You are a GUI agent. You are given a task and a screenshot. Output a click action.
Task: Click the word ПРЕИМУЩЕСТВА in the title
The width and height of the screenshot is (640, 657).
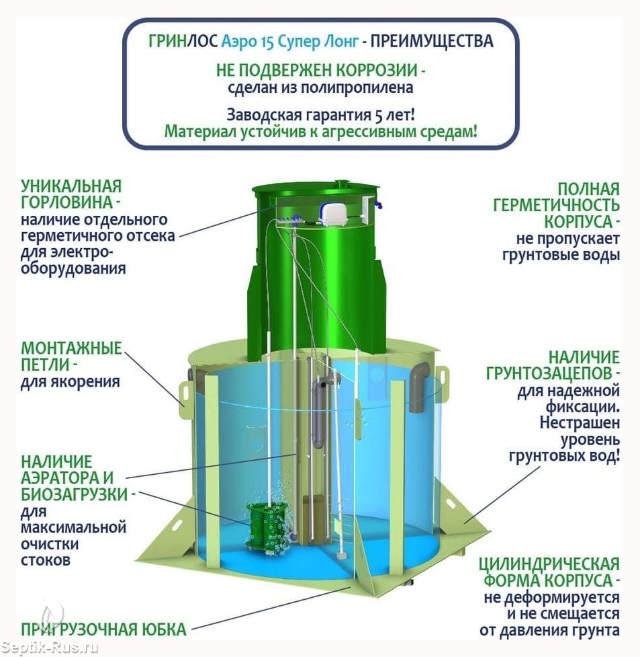[432, 41]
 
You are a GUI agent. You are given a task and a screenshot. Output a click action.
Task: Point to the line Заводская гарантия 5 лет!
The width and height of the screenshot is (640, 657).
[321, 114]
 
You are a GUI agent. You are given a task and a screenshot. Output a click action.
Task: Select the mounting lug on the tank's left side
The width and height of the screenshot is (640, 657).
[185, 394]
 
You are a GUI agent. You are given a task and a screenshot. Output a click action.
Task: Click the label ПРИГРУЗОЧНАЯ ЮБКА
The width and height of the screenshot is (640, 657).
[103, 629]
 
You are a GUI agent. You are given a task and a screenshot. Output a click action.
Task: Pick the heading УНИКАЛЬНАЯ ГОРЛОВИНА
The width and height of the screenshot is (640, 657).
[71, 194]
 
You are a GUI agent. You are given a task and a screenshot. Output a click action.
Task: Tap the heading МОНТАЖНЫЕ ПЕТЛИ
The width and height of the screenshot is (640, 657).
[71, 356]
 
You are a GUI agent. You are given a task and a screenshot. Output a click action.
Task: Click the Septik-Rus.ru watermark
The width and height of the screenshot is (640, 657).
[49, 648]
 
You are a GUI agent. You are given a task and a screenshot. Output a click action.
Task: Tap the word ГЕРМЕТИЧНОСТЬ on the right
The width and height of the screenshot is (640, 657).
[556, 205]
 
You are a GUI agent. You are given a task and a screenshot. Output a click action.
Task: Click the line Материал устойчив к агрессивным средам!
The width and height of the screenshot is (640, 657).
[320, 132]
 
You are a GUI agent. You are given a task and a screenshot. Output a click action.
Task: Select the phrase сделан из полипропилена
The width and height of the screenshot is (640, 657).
[320, 88]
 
